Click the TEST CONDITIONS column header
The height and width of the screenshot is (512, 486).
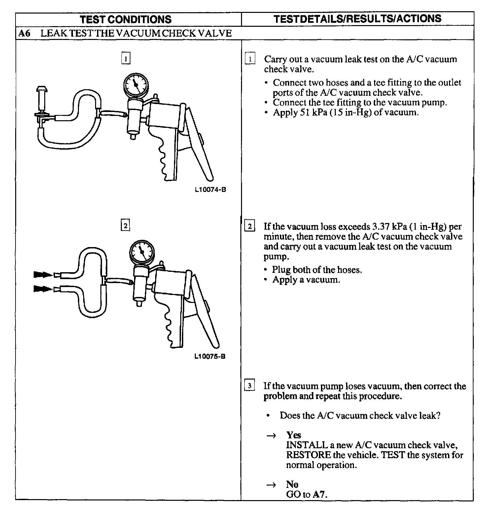[126, 19]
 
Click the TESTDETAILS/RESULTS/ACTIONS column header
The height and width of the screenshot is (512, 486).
[357, 18]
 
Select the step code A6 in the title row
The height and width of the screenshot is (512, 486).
[24, 33]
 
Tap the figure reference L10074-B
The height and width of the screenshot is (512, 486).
[210, 190]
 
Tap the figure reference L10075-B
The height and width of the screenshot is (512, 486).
[210, 357]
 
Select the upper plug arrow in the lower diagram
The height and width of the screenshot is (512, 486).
[43, 274]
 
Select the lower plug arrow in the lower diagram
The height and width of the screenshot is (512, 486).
[43, 289]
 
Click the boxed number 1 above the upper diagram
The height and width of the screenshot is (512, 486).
[126, 58]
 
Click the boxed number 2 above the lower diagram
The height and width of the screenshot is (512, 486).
[125, 226]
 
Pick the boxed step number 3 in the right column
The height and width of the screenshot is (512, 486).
[250, 386]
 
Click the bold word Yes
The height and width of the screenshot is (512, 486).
[294, 435]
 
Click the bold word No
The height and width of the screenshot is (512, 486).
[292, 484]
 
